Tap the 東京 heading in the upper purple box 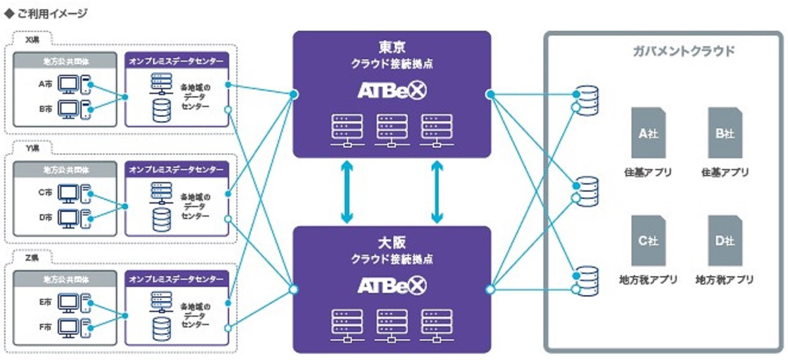[392, 48]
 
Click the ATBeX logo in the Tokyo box [392, 90]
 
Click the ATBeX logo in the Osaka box [392, 285]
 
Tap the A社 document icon [648, 133]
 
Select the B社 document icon [725, 133]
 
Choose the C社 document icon [648, 240]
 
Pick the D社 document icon [725, 240]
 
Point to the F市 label [44, 325]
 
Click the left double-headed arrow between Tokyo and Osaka [347, 192]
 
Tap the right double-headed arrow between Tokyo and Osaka [437, 192]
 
